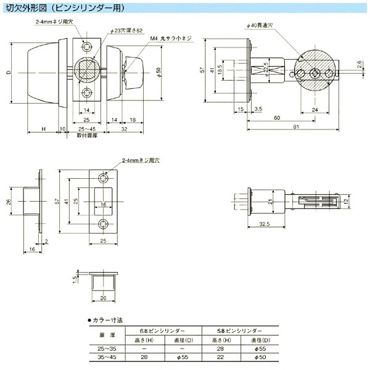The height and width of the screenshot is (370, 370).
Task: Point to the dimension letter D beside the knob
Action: click(x=8, y=72)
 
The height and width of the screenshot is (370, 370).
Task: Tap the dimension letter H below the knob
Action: click(x=44, y=128)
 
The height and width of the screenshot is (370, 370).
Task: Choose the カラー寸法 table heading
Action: click(x=109, y=321)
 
